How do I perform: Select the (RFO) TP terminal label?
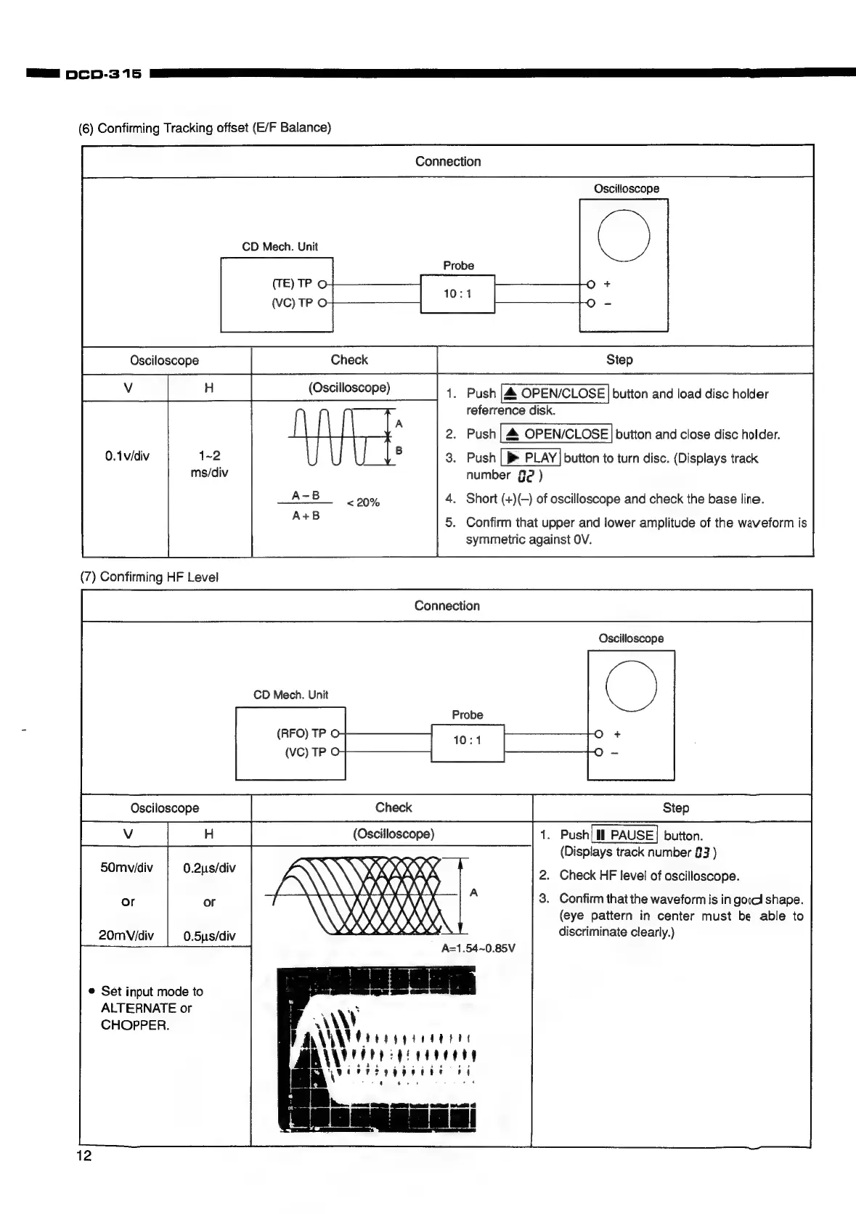click(x=301, y=733)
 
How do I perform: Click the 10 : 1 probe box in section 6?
click(x=457, y=293)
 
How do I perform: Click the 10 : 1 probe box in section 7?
click(x=467, y=741)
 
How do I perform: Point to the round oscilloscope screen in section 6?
click(x=623, y=236)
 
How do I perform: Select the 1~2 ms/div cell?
click(x=209, y=464)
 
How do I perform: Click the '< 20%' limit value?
click(x=363, y=502)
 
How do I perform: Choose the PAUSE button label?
click(x=625, y=835)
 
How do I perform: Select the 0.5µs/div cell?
click(x=209, y=936)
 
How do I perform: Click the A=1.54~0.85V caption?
click(x=478, y=948)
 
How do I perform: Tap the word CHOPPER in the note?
click(x=135, y=1025)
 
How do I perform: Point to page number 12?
click(x=84, y=1156)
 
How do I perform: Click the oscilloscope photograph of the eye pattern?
click(x=376, y=1049)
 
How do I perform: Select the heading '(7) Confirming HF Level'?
click(x=149, y=577)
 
